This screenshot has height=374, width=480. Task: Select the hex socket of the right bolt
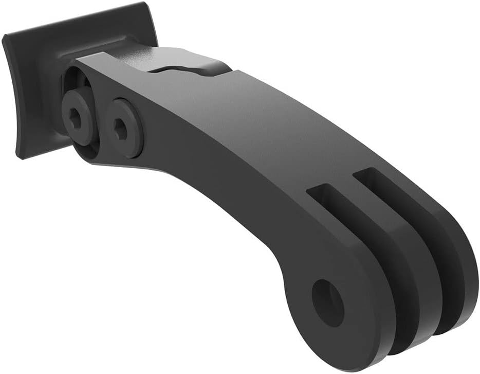[x=121, y=129]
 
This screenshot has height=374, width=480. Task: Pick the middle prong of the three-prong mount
[x=406, y=278]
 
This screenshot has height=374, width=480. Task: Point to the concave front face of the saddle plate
[x=31, y=93]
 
